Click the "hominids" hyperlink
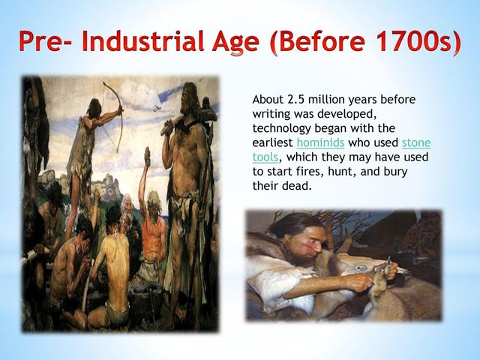(x=320, y=142)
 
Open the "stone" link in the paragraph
(x=416, y=142)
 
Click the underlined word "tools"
(x=265, y=157)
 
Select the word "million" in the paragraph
(x=327, y=100)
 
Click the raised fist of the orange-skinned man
(x=147, y=157)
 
